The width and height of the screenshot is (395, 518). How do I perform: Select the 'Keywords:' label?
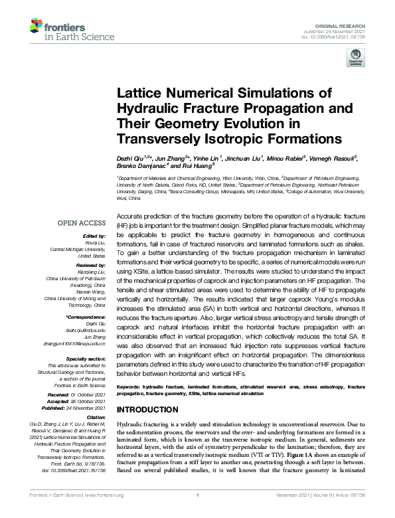tap(132, 386)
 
